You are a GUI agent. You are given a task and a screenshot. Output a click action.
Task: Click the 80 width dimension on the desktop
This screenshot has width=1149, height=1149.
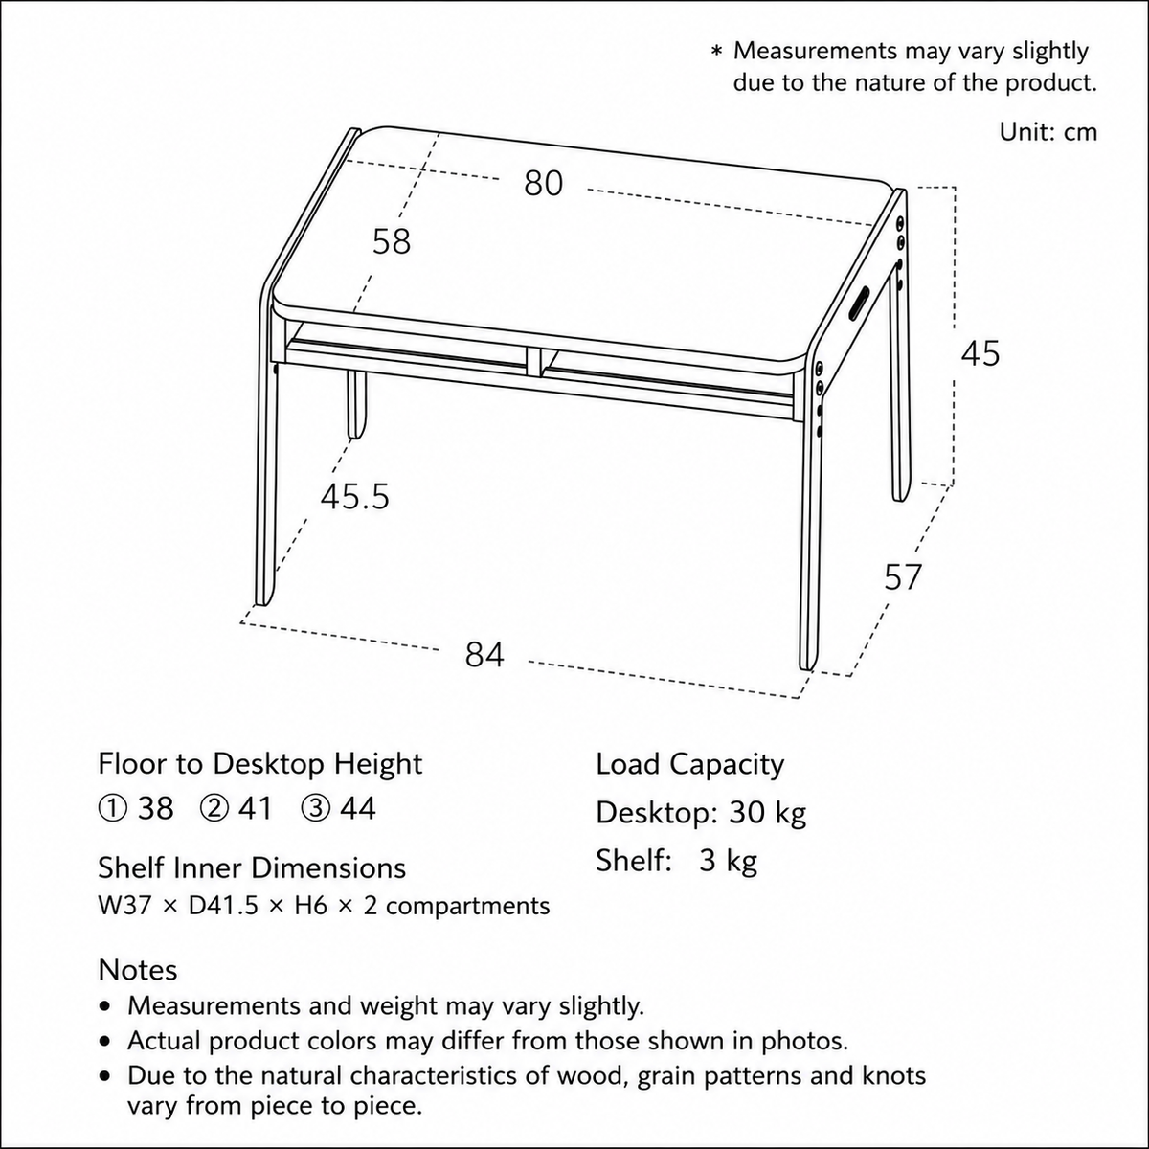tap(543, 184)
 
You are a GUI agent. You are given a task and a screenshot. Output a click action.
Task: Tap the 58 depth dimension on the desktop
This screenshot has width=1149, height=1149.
tap(392, 242)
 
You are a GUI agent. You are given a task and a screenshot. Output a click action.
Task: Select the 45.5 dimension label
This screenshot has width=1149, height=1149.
tap(355, 497)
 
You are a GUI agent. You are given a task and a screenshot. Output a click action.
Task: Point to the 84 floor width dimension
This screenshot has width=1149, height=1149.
tap(484, 655)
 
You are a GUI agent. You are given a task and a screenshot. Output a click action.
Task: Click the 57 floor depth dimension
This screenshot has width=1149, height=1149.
tap(903, 577)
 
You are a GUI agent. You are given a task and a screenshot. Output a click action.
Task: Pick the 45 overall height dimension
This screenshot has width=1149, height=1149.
tap(980, 353)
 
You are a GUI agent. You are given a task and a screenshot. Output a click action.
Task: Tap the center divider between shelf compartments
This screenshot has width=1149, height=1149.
tap(533, 362)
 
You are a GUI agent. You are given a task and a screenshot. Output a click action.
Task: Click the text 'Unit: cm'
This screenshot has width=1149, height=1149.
tap(1048, 132)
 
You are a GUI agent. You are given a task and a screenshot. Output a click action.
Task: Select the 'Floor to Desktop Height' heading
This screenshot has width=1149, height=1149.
tap(260, 764)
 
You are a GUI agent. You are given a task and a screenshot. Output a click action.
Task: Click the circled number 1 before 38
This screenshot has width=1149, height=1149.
tap(111, 809)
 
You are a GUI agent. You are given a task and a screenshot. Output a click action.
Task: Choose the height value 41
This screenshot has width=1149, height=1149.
tap(256, 809)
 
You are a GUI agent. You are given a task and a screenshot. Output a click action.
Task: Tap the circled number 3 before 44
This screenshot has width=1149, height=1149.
tap(315, 809)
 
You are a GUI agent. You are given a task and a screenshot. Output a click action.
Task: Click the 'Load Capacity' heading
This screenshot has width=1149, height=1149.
tap(689, 765)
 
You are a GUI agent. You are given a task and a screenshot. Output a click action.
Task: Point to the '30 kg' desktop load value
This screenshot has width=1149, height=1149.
tap(767, 813)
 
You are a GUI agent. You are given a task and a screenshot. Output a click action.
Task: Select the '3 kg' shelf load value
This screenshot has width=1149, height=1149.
tap(728, 861)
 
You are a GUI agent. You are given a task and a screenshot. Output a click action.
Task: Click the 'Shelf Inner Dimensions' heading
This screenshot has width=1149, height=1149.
tap(252, 868)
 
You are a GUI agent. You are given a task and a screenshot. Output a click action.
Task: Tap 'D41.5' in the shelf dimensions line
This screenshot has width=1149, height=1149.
tap(223, 907)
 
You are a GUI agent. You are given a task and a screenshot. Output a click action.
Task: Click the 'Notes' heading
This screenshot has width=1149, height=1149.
tap(138, 970)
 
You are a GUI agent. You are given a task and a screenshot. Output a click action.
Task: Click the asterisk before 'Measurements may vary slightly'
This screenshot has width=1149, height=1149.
tap(717, 52)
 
